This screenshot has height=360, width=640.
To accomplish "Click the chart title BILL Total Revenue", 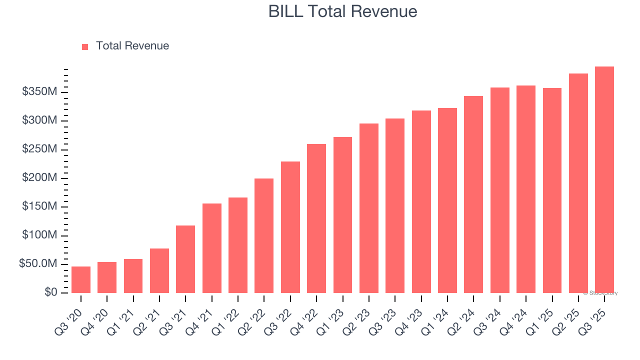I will click(342, 11).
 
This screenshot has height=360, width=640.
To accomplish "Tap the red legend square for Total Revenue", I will click(85, 46).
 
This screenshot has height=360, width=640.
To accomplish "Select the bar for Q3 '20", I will click(81, 279).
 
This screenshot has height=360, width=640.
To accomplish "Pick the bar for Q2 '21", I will click(159, 270).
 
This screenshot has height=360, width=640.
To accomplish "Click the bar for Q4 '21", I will click(212, 248).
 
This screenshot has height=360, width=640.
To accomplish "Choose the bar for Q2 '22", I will click(264, 235).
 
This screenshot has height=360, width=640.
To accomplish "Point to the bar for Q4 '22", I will click(316, 218).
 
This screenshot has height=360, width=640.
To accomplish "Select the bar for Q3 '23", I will click(395, 205).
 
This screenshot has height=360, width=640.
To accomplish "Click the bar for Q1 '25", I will click(552, 190).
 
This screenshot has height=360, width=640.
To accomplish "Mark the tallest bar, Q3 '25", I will click(604, 179).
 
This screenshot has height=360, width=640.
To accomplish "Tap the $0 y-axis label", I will click(50, 292).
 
